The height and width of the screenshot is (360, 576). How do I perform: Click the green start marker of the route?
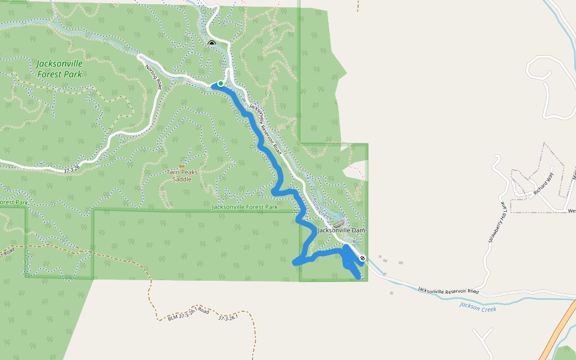click(x=221, y=83)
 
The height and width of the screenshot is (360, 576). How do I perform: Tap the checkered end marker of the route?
click(x=362, y=258)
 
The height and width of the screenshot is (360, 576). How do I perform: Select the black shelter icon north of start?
click(x=211, y=43)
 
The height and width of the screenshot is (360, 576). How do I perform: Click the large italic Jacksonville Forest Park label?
click(x=59, y=69)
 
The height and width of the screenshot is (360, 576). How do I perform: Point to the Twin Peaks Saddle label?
click(x=182, y=175)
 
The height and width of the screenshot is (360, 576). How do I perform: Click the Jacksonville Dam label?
click(x=341, y=230)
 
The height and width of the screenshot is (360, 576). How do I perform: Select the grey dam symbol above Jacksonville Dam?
click(x=339, y=224)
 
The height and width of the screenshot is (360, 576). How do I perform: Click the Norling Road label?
click(x=154, y=77)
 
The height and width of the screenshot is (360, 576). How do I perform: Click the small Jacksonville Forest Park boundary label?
click(x=244, y=207)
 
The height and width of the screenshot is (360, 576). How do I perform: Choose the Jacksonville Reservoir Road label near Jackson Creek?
click(x=449, y=289)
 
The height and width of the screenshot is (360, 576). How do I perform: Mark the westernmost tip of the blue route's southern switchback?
click(x=293, y=262)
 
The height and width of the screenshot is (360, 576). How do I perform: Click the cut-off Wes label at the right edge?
click(x=571, y=211)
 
